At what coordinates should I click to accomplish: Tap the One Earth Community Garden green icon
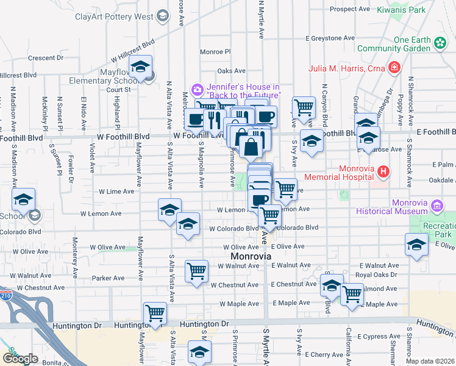point(439,43)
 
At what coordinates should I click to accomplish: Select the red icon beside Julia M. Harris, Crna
point(395,67)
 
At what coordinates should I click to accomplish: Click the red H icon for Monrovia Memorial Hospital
point(383,173)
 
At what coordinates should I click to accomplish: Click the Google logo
point(20,359)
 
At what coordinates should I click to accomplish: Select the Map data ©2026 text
point(430,361)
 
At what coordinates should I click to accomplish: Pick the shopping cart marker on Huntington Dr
point(155,314)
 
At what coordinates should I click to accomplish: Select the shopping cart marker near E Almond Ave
point(352,294)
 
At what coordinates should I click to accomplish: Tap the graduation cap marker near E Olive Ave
point(416,245)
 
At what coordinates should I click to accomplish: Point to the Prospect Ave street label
point(350,10)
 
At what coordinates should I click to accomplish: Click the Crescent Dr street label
point(46,59)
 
